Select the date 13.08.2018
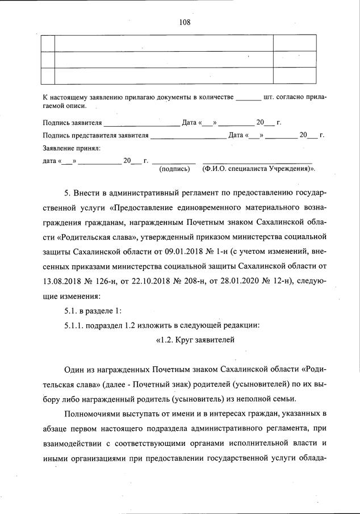[64, 280]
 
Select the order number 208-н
[189, 280]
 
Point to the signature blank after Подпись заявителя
[141, 123]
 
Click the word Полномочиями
[93, 413]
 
